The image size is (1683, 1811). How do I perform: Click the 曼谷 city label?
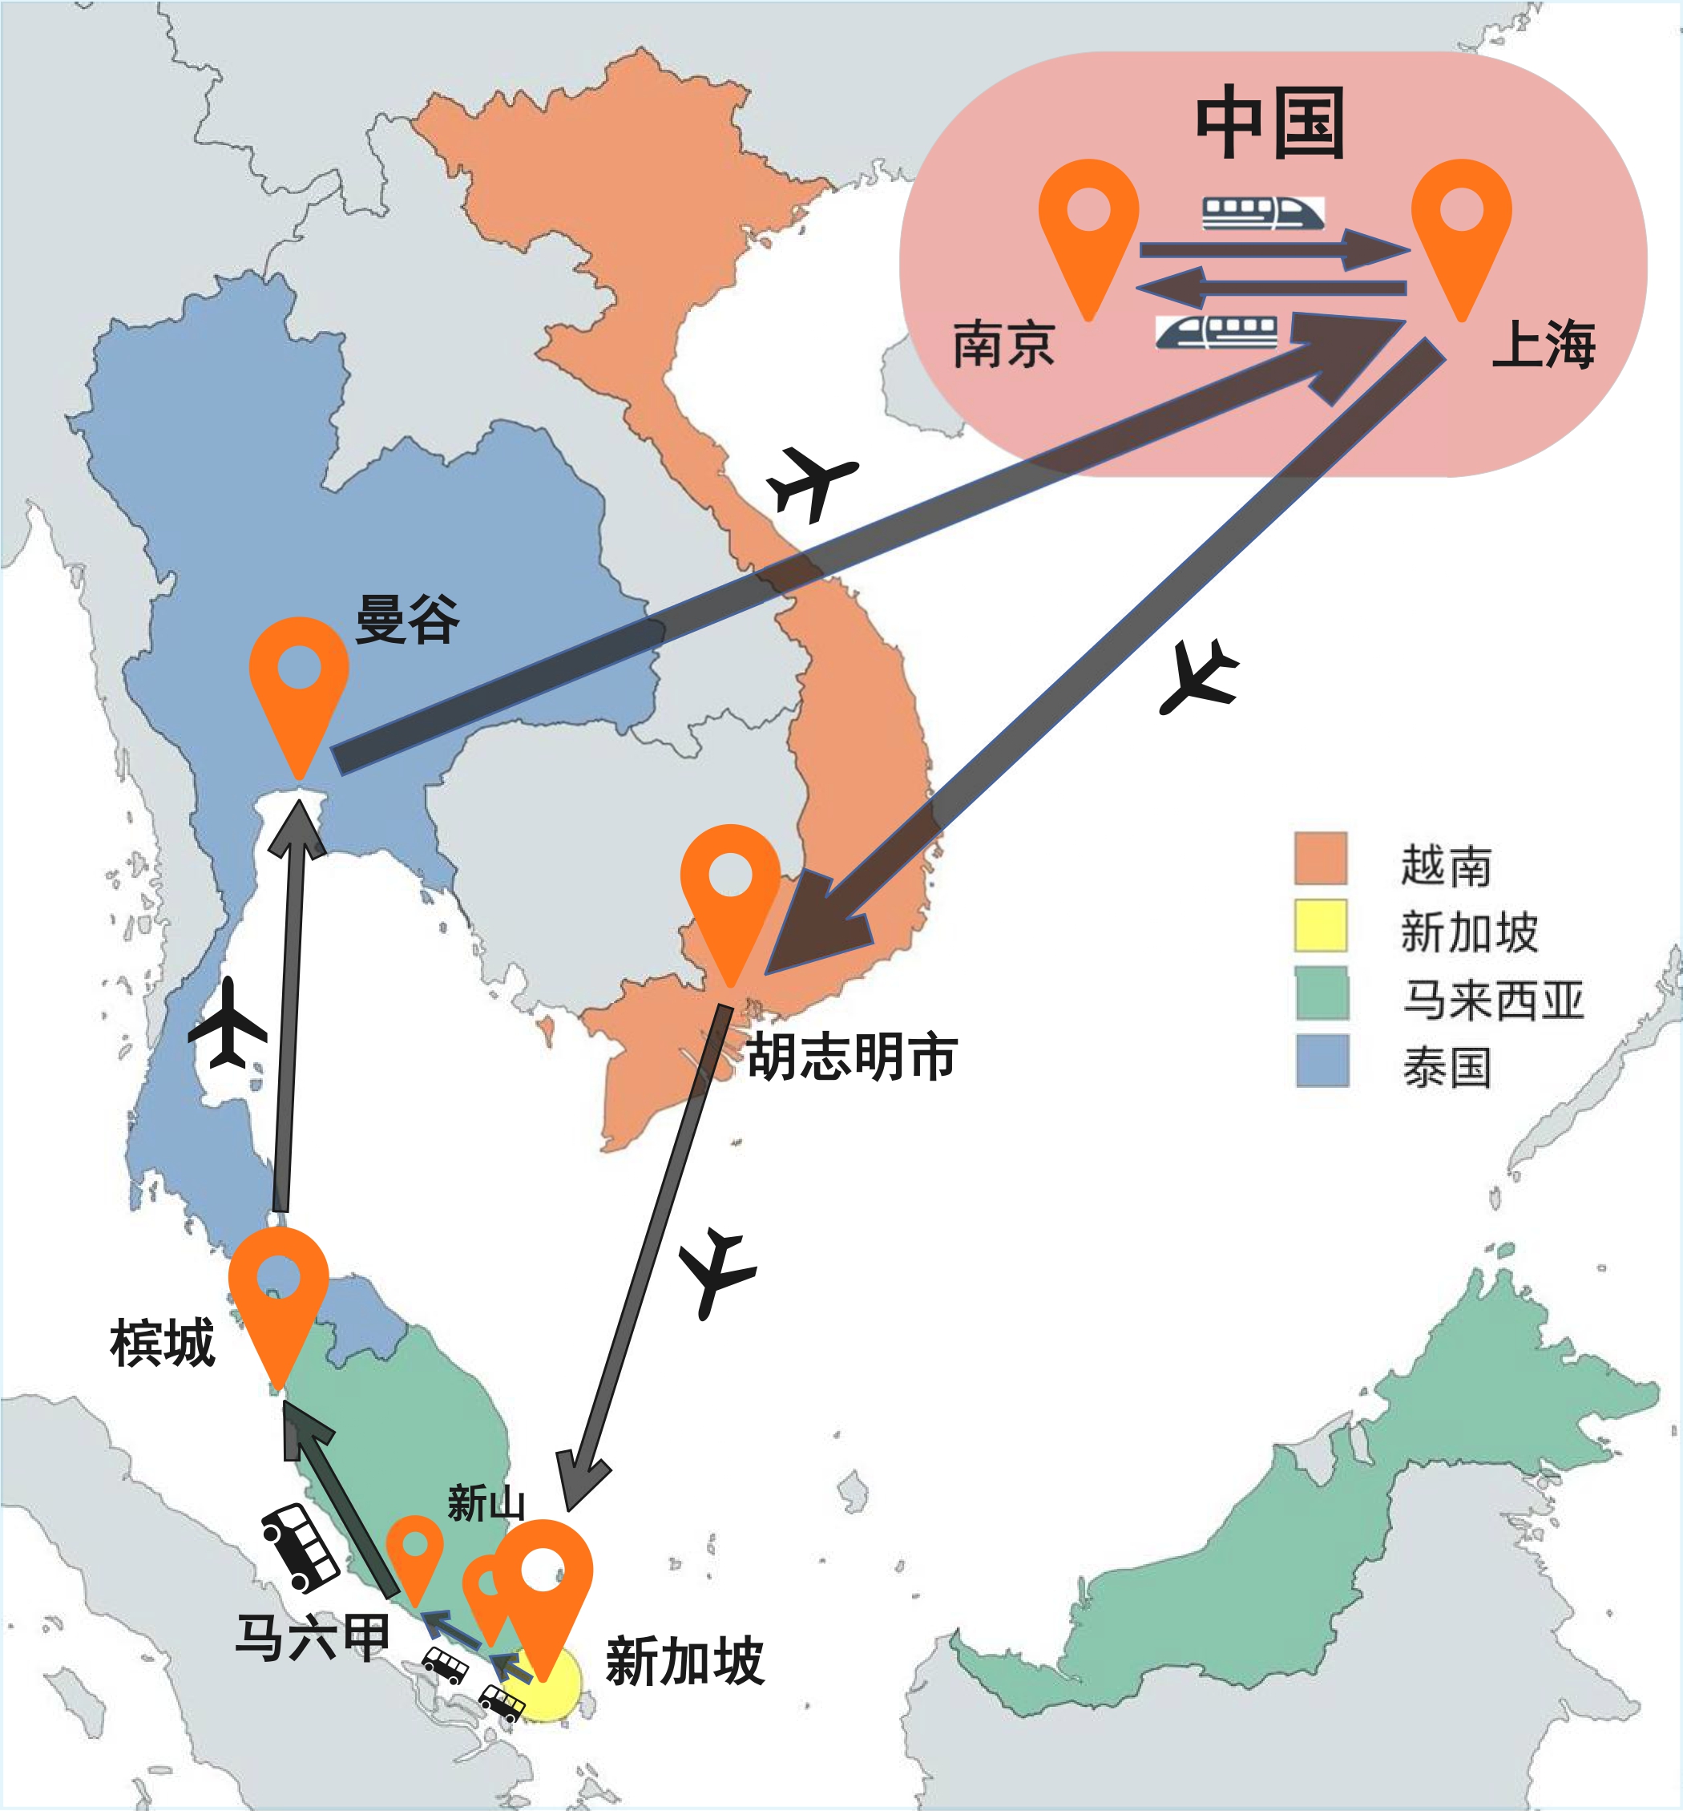pyautogui.click(x=407, y=620)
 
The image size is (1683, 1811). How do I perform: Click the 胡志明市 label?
pyautogui.click(x=851, y=1057)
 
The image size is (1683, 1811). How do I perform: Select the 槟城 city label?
pyautogui.click(x=162, y=1343)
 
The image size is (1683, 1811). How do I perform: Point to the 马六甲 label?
pyautogui.click(x=313, y=1637)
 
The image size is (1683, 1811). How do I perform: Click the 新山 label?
pyautogui.click(x=486, y=1502)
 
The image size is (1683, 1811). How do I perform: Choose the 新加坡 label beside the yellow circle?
pyautogui.click(x=685, y=1659)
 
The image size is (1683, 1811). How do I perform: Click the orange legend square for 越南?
pyautogui.click(x=1321, y=857)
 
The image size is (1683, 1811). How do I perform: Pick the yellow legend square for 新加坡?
pyautogui.click(x=1321, y=924)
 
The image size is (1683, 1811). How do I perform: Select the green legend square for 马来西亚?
pyautogui.click(x=1322, y=993)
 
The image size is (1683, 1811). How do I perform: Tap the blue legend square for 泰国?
pyautogui.click(x=1322, y=1061)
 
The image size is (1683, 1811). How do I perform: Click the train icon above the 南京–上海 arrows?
pyautogui.click(x=1262, y=213)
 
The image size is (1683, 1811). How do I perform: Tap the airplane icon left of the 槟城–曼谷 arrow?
pyautogui.click(x=228, y=1024)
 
